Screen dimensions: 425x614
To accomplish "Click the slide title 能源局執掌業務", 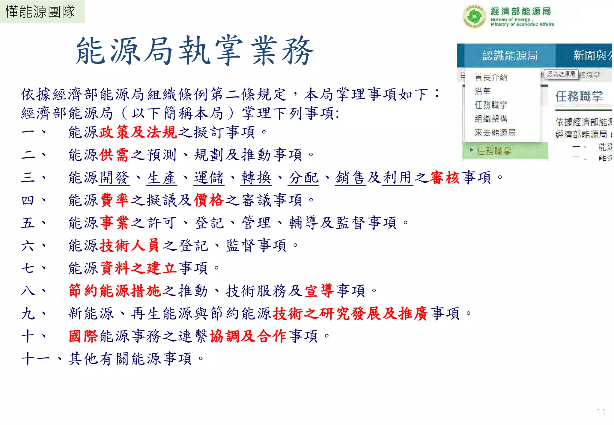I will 195,51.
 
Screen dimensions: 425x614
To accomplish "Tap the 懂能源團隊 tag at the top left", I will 40,12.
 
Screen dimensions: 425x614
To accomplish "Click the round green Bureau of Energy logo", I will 474,16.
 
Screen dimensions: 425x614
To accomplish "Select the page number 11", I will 601,412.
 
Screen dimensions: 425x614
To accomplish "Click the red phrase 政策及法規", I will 138,132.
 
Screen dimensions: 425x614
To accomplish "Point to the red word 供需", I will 114,155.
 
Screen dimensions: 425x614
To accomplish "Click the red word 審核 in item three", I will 445,177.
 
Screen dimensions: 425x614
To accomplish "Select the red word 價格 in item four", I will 209,200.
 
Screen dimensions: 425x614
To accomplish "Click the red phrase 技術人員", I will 130,246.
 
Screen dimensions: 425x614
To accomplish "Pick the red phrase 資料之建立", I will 138,268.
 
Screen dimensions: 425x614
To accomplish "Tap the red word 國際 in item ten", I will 83,336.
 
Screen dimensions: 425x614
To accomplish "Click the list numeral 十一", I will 35,359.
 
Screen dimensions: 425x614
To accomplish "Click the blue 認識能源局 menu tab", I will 510,56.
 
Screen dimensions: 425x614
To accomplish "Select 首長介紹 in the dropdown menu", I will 491,77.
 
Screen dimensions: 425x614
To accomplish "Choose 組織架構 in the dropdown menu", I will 491,119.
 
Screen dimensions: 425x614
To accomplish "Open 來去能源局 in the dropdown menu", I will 495,132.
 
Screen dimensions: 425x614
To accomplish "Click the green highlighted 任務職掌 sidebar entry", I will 494,151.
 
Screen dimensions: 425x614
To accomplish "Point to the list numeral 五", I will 28,223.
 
